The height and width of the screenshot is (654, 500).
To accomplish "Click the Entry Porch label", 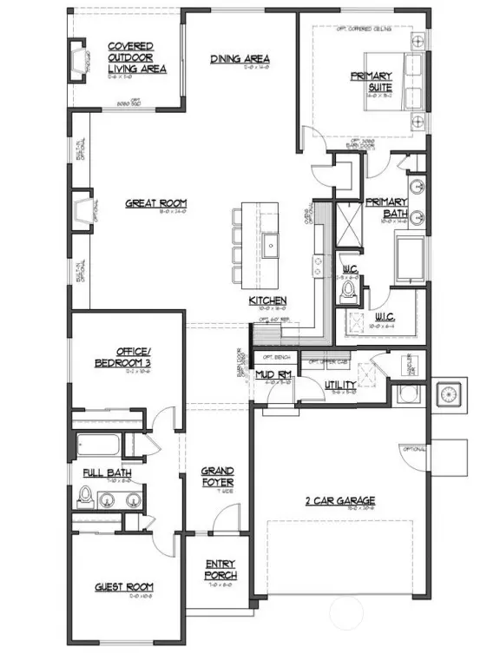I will click(x=220, y=570).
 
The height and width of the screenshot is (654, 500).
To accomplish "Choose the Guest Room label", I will click(x=124, y=587).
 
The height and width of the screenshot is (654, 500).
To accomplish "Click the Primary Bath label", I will click(x=385, y=207).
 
